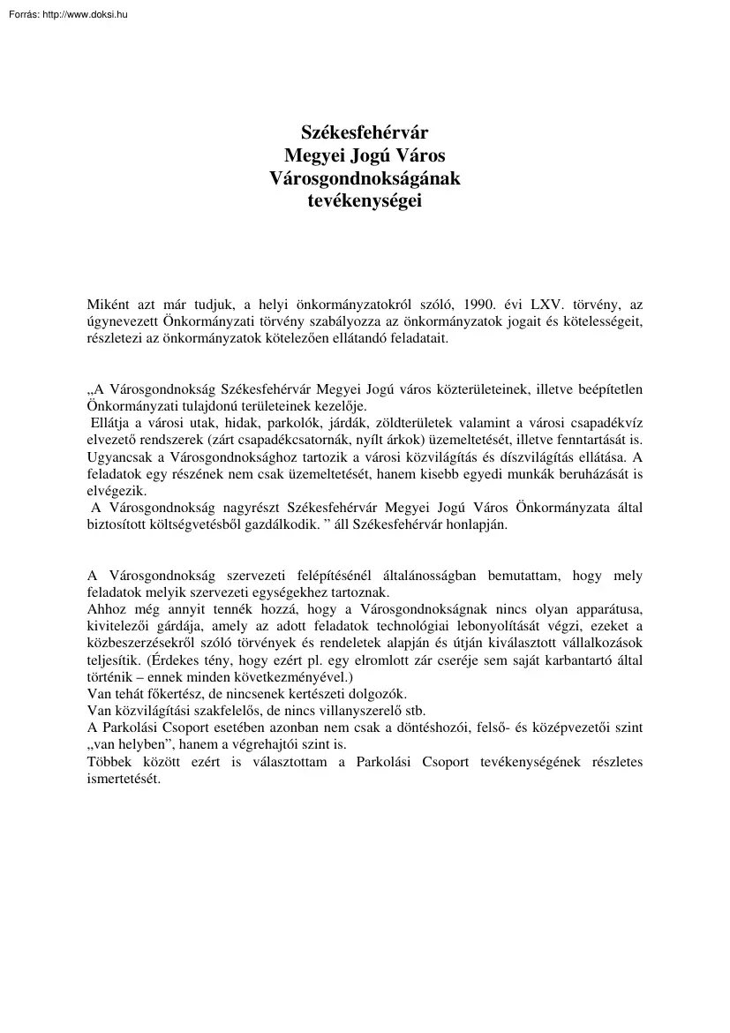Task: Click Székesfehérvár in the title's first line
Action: (365, 134)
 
